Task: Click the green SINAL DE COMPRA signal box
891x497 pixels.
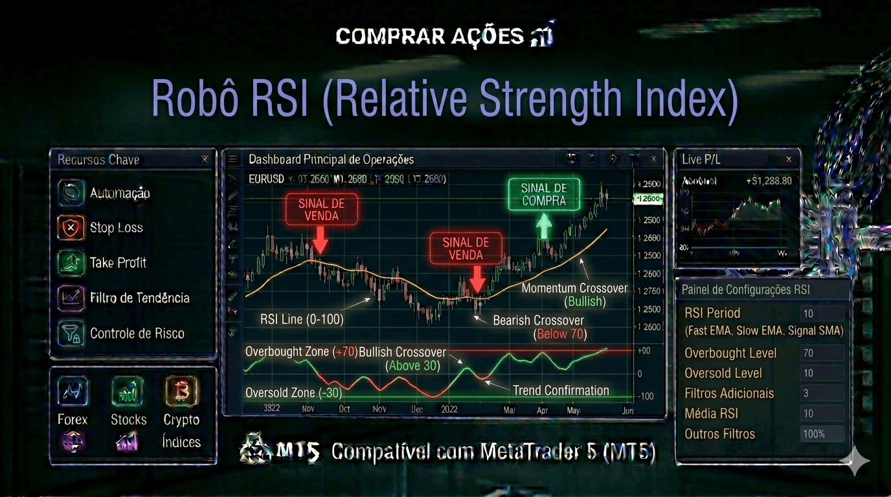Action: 544,194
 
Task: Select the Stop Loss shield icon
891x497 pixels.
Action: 71,228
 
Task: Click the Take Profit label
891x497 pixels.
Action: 118,263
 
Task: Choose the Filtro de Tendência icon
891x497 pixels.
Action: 71,298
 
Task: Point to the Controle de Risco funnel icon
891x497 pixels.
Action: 71,333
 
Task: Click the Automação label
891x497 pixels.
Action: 120,193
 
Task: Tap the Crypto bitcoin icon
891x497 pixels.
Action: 181,391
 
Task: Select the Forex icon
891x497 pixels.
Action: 73,391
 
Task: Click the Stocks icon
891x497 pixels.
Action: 127,391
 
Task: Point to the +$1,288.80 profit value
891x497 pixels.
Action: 769,181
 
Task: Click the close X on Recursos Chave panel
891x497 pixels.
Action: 205,159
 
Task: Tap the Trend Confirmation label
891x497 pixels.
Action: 561,390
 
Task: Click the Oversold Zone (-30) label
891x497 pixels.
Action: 293,393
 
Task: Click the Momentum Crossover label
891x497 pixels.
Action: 574,288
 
